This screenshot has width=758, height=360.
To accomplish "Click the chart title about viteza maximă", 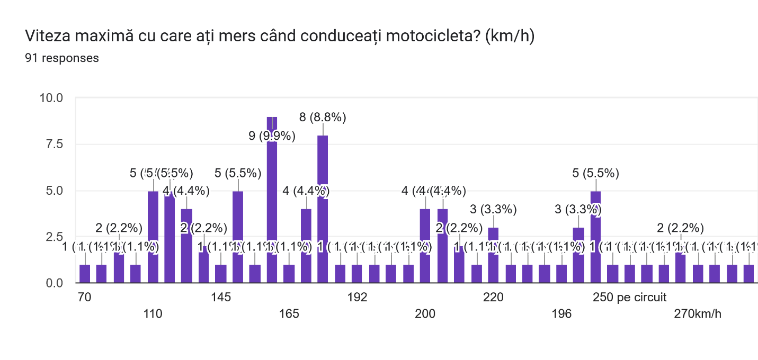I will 279,37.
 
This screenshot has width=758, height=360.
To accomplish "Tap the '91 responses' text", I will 61,58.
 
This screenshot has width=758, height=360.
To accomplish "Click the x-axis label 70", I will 84,297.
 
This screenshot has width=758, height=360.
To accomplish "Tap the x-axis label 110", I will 153,314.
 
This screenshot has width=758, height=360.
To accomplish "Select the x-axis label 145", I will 221,297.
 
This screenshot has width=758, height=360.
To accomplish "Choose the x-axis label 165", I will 289,314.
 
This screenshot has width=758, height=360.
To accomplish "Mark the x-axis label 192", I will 358,297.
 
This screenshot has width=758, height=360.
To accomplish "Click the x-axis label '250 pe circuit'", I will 629,297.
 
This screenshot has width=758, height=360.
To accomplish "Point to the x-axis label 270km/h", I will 698,314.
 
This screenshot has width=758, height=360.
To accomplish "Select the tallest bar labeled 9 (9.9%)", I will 272,201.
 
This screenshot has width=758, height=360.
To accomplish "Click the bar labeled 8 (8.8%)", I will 323,209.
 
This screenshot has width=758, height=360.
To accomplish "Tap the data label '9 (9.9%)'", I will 272,136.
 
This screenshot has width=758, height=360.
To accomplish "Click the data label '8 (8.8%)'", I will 323,118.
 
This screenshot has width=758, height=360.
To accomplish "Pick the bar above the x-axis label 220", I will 493,255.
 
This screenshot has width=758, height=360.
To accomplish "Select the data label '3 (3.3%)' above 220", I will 493,209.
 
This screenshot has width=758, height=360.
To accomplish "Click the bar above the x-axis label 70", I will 85,274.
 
